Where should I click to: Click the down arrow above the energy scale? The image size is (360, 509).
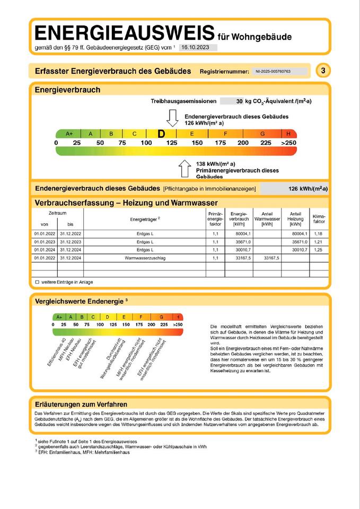(x=173, y=118)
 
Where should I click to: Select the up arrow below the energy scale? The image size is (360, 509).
(x=185, y=169)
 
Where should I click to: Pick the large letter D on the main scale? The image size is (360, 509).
(x=161, y=134)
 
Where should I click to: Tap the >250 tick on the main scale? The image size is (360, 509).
(x=288, y=143)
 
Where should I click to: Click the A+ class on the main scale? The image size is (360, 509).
(x=69, y=134)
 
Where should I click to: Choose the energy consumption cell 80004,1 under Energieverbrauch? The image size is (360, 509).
(x=241, y=233)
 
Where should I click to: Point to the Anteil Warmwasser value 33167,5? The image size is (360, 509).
(x=270, y=258)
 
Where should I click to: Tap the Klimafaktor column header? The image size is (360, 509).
(x=319, y=218)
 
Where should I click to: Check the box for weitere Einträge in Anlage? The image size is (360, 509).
(x=37, y=282)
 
